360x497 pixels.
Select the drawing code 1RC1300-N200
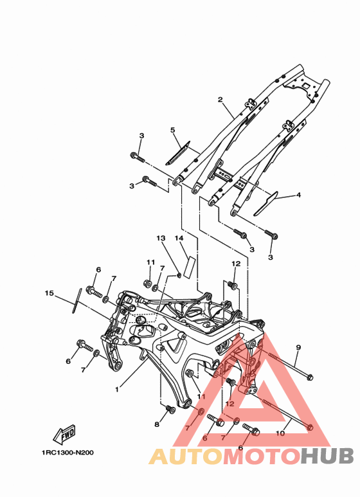click(x=67, y=453)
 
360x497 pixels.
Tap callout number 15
click(x=49, y=293)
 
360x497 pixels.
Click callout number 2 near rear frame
click(x=221, y=100)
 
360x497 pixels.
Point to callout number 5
click(x=173, y=130)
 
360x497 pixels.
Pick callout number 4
click(x=298, y=195)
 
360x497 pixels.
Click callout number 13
click(x=161, y=238)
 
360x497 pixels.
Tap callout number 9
click(x=298, y=347)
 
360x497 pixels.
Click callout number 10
click(x=280, y=433)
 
